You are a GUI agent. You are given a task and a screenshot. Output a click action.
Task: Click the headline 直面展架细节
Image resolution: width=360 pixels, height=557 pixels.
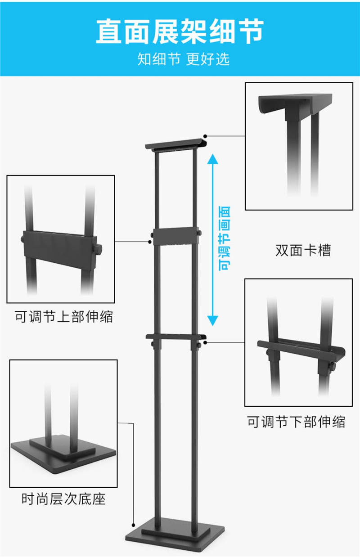coord(180,32)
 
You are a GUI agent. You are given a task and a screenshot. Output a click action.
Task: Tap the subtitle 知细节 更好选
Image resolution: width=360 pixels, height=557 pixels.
coord(183,59)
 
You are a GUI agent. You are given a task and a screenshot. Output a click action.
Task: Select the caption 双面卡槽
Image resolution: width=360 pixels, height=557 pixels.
coord(303,251)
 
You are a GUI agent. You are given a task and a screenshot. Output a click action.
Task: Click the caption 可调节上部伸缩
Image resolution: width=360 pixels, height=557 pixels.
coord(64,317)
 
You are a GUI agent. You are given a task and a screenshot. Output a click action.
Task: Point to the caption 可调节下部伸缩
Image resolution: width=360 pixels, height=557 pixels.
coord(296,422)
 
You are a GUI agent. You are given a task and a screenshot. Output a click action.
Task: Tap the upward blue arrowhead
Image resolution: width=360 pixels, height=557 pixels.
coord(213,159)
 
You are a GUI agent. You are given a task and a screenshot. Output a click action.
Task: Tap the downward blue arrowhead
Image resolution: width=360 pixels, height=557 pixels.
coord(213,320)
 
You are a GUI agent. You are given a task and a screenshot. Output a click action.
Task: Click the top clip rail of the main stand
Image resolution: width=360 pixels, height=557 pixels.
coord(176,144)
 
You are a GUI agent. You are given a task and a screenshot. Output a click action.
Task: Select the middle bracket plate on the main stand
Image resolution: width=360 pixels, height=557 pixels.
coord(175,236)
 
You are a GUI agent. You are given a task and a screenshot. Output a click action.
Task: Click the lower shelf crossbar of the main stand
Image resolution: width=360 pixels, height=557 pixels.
coord(176,337)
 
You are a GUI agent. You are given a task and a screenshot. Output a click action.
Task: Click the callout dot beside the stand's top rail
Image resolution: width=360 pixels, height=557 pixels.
coord(205,136)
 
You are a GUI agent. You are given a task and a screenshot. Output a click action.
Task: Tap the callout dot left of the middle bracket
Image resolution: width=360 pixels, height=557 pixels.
coord(150,242)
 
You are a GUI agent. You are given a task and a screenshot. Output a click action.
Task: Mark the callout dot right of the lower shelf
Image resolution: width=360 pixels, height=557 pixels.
coord(205,342)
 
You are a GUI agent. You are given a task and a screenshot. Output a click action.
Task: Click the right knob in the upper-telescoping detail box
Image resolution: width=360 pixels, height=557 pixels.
coord(98,249)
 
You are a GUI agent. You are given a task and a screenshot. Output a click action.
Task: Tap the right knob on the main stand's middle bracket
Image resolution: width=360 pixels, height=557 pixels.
coord(199,233)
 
